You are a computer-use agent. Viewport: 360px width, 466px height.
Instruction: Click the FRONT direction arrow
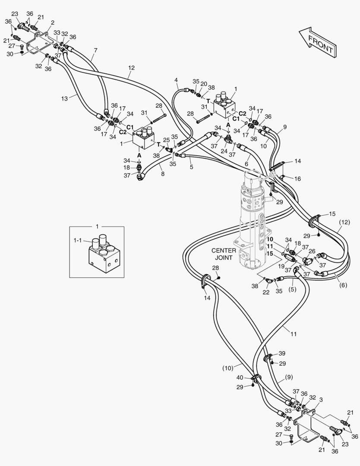click(x=318, y=42)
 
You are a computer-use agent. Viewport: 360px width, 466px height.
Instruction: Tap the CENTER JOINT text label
click(x=224, y=254)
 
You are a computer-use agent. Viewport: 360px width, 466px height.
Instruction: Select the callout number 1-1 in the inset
click(x=78, y=240)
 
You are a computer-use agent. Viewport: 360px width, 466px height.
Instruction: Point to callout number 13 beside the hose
click(x=64, y=98)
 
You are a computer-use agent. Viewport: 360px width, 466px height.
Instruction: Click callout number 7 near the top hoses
click(x=95, y=50)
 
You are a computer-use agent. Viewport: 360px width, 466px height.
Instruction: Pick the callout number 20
click(x=204, y=84)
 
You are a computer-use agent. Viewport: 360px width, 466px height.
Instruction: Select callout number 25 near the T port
click(x=167, y=140)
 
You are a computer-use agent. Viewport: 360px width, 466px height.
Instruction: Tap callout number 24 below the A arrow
click(x=224, y=151)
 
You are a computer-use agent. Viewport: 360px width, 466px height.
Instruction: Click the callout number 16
click(x=297, y=179)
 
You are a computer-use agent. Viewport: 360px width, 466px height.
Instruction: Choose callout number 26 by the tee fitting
click(x=312, y=251)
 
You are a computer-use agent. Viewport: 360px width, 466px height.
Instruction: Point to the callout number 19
click(x=281, y=266)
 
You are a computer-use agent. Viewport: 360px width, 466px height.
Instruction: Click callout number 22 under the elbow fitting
click(x=266, y=292)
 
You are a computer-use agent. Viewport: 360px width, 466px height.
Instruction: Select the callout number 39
click(x=282, y=353)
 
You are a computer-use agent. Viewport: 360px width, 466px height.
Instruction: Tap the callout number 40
click(x=240, y=378)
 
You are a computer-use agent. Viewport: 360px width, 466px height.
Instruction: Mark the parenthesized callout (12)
click(x=344, y=222)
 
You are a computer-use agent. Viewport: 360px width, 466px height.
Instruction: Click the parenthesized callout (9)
click(x=289, y=377)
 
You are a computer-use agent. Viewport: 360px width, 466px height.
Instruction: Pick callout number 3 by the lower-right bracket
click(x=321, y=400)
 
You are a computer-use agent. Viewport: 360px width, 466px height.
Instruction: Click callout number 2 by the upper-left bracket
click(x=53, y=22)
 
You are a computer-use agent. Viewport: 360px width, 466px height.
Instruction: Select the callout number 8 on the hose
click(x=163, y=174)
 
